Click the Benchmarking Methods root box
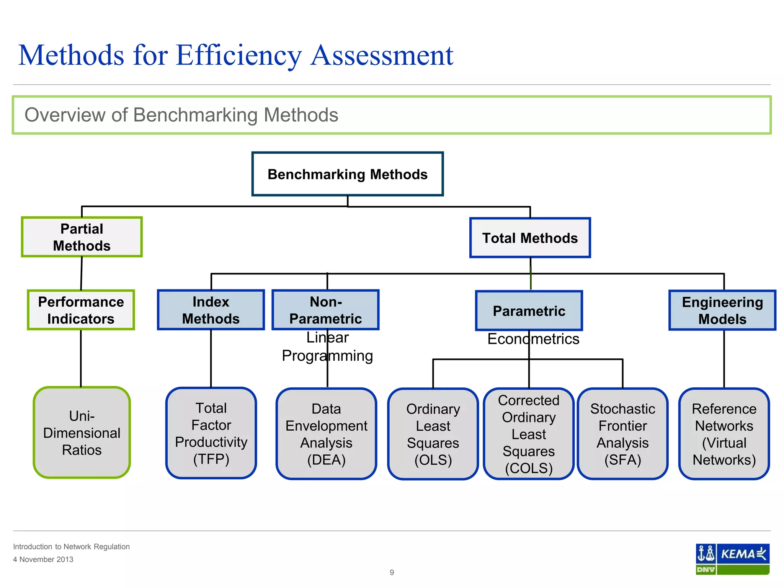click(347, 174)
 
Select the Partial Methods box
click(82, 237)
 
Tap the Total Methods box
click(530, 238)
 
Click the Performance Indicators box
click(81, 310)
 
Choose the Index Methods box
click(211, 310)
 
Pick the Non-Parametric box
click(325, 310)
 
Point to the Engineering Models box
click(722, 310)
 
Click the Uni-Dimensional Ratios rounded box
click(82, 433)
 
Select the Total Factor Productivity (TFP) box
click(211, 433)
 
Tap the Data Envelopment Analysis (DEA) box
click(326, 434)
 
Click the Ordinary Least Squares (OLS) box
click(433, 434)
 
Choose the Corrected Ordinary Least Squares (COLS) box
click(529, 434)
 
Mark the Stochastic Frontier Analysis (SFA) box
click(622, 434)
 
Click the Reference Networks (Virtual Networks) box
click(724, 434)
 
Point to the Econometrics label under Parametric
click(533, 339)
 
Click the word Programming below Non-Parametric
click(327, 356)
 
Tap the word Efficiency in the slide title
click(238, 56)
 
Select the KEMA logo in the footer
click(732, 559)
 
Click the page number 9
click(392, 572)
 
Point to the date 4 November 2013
click(43, 559)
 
